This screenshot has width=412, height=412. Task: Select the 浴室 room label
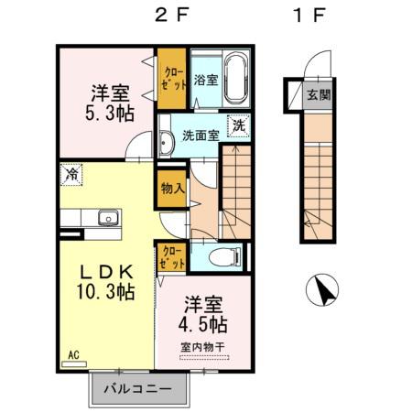(x=205, y=81)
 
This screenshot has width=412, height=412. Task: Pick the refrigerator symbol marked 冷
(x=71, y=173)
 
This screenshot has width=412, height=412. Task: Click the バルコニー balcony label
(x=137, y=388)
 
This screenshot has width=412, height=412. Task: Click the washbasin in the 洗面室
(x=167, y=143)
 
